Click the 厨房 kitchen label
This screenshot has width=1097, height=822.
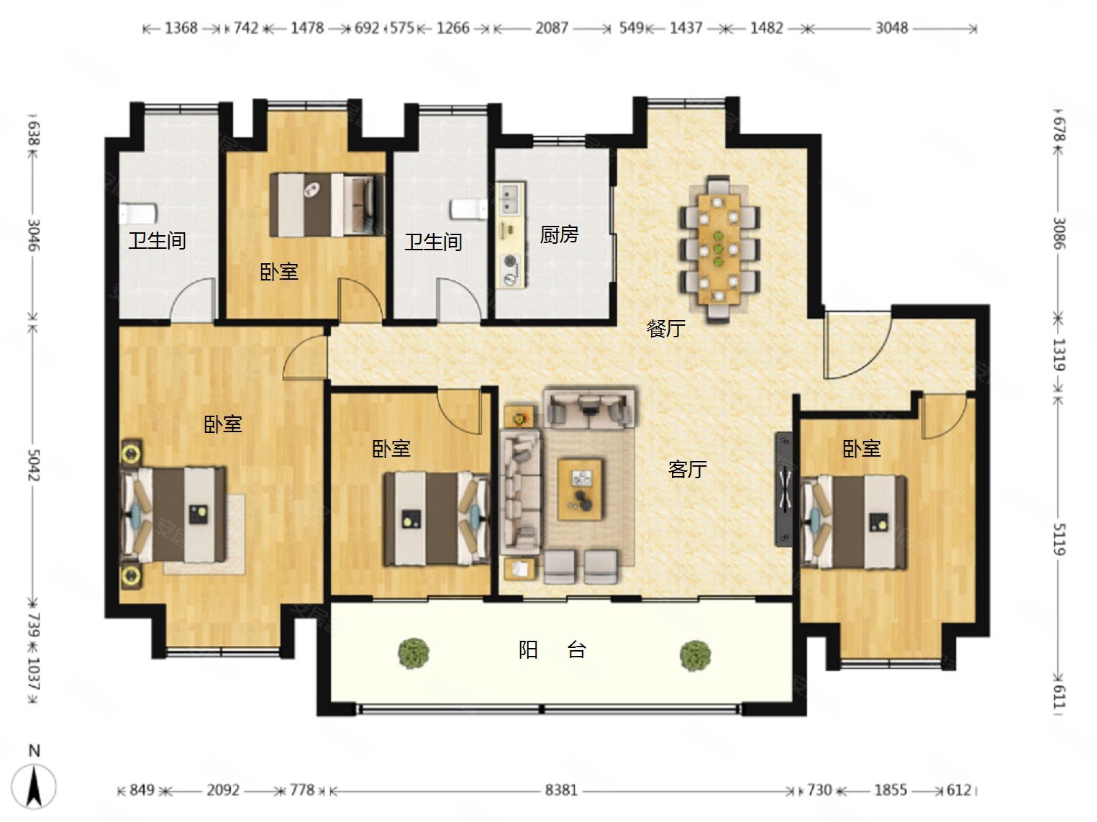pyautogui.click(x=559, y=234)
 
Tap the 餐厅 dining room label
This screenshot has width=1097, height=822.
pyautogui.click(x=665, y=329)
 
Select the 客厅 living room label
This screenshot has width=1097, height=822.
pyautogui.click(x=687, y=469)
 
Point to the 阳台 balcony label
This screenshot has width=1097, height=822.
pyautogui.click(x=552, y=649)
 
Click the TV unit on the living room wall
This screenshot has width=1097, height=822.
pyautogui.click(x=783, y=488)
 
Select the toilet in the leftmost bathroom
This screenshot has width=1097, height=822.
pyautogui.click(x=138, y=214)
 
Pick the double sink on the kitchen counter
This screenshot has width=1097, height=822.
pyautogui.click(x=511, y=198)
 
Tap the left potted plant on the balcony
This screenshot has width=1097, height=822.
pyautogui.click(x=414, y=652)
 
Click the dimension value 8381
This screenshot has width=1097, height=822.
pyautogui.click(x=561, y=790)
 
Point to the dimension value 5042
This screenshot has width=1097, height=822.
pyautogui.click(x=34, y=465)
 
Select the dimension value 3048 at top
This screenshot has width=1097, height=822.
pyautogui.click(x=891, y=28)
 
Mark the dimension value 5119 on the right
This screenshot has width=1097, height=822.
pyautogui.click(x=1059, y=539)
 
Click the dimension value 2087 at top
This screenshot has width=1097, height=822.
pyautogui.click(x=551, y=28)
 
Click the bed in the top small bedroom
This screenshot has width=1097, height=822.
pyautogui.click(x=327, y=205)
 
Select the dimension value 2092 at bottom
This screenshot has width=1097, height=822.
pyautogui.click(x=223, y=790)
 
